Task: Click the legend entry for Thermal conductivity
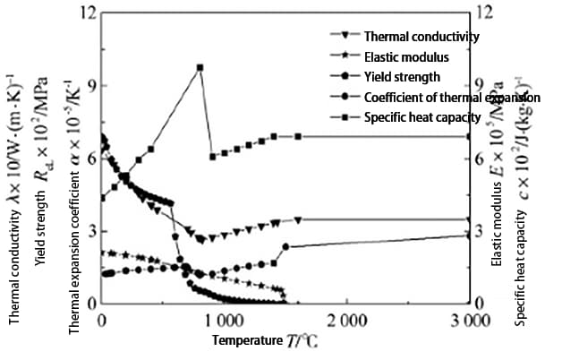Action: tap(421, 38)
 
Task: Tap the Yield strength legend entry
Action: tap(402, 77)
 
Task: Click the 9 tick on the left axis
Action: tap(90, 86)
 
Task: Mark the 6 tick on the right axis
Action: tap(484, 159)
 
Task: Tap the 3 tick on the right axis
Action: tap(484, 231)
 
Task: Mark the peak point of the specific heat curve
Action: tap(200, 67)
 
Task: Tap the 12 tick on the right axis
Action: tap(484, 13)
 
